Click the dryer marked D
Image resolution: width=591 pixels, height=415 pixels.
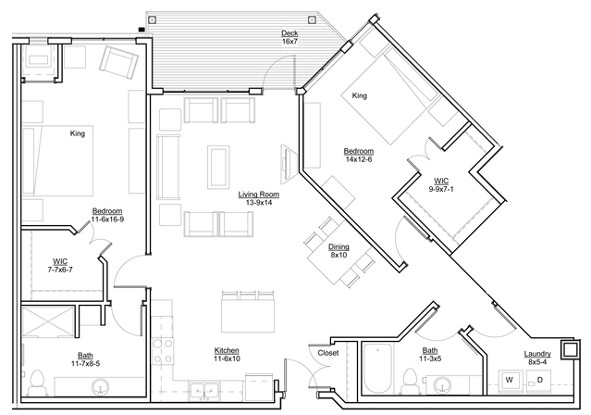tap(538, 381)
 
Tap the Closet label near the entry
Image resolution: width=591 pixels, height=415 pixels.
tap(328, 353)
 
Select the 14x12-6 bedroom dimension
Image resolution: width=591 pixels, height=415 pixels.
tap(359, 159)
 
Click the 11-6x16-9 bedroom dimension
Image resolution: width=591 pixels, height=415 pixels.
tap(107, 219)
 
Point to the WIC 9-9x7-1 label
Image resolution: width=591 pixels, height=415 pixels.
tap(441, 185)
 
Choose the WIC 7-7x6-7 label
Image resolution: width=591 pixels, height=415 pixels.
tap(60, 266)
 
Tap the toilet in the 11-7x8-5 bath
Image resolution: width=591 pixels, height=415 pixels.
tap(37, 383)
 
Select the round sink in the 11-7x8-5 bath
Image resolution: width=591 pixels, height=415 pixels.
tap(100, 386)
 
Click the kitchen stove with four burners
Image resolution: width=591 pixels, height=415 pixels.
tap(163, 351)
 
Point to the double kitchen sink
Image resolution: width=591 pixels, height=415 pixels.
tap(204, 390)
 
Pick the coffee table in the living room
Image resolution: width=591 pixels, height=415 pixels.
tap(218, 167)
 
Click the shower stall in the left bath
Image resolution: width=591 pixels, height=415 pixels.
tap(49, 321)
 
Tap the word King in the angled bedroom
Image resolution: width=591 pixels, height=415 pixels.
tap(359, 96)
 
